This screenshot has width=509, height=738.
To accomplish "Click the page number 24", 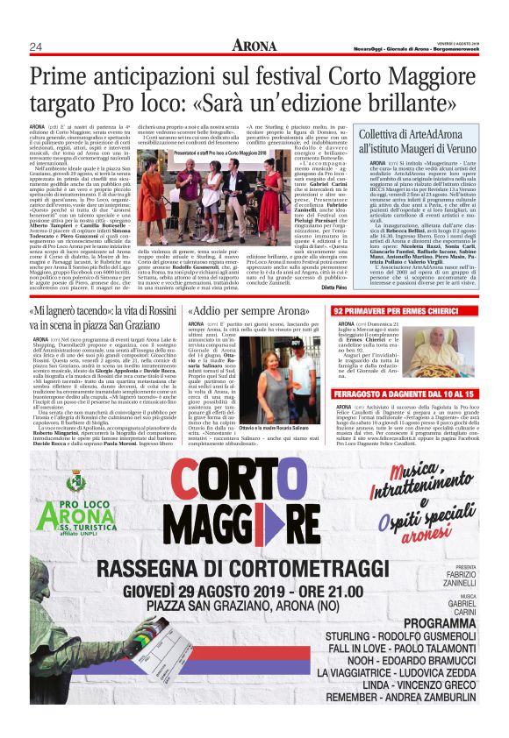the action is point(36,46).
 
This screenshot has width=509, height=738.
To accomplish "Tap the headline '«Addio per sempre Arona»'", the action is point(250,311).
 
